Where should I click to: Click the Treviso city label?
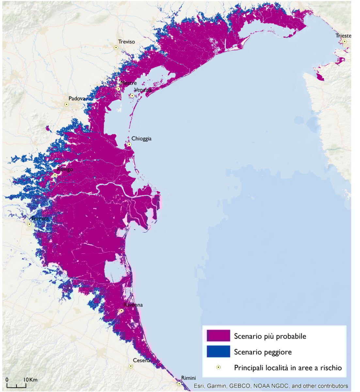coord(126,42)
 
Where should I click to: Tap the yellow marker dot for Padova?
coord(67,105)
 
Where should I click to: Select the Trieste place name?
coord(343,36)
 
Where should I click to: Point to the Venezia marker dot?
coord(132,96)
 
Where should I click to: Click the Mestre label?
coord(128,83)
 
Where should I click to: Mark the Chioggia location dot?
coord(129,144)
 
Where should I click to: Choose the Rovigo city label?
coord(65,169)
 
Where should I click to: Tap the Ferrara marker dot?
coord(29,224)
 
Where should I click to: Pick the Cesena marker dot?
coord(131,366)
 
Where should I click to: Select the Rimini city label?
coord(188,378)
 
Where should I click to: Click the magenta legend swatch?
coord(218,335)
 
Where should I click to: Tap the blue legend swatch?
coord(218,351)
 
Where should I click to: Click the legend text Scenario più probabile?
coord(270,336)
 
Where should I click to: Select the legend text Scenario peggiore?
coord(263,352)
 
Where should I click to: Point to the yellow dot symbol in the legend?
coord(218,367)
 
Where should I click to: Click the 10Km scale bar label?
coord(30,380)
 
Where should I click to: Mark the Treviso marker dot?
coord(116,47)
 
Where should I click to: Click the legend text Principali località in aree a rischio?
coord(288,368)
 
